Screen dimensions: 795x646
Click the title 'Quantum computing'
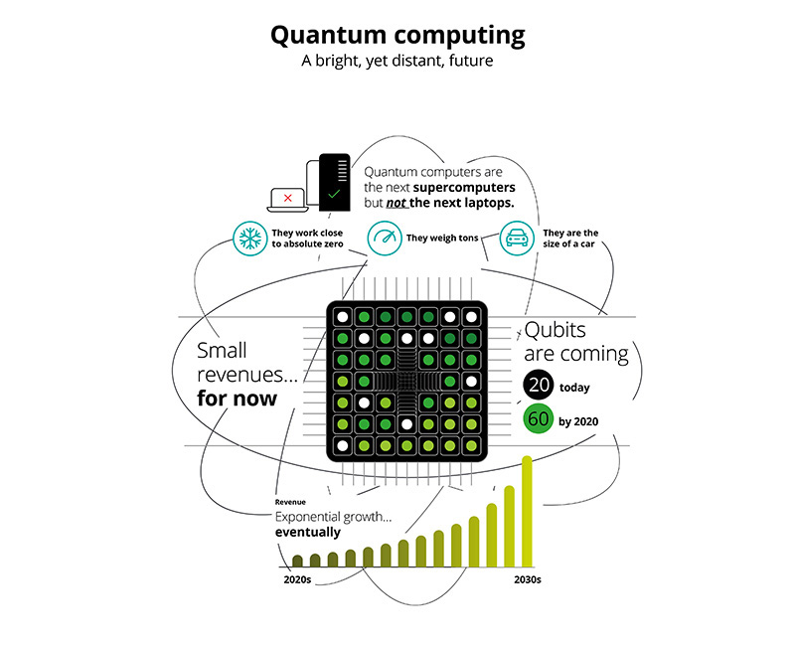[x=397, y=36]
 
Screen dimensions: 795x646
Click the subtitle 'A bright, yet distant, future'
[x=397, y=61]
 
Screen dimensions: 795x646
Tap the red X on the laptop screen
[x=288, y=198]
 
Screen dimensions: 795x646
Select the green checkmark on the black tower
[x=334, y=194]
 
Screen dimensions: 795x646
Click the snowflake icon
[x=250, y=239]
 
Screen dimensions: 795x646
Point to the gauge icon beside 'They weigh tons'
[x=385, y=238]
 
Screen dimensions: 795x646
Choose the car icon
[x=517, y=238]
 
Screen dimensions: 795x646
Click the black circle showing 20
[x=539, y=385]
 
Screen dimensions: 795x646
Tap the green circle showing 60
[x=539, y=418]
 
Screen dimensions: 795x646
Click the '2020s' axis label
[x=297, y=579]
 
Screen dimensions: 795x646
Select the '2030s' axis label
[x=528, y=579]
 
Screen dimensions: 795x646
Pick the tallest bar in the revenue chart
[x=527, y=511]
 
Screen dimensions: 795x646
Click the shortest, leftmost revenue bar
[x=297, y=561]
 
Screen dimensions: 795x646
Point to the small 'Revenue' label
[x=290, y=502]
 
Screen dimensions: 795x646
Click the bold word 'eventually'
[x=308, y=532]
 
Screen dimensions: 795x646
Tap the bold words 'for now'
[x=237, y=399]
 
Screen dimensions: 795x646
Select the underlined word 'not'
[x=396, y=204]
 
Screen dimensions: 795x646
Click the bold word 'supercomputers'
[x=464, y=188]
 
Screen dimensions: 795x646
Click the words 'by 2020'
[x=578, y=421]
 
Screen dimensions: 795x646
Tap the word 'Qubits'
[x=556, y=331]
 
